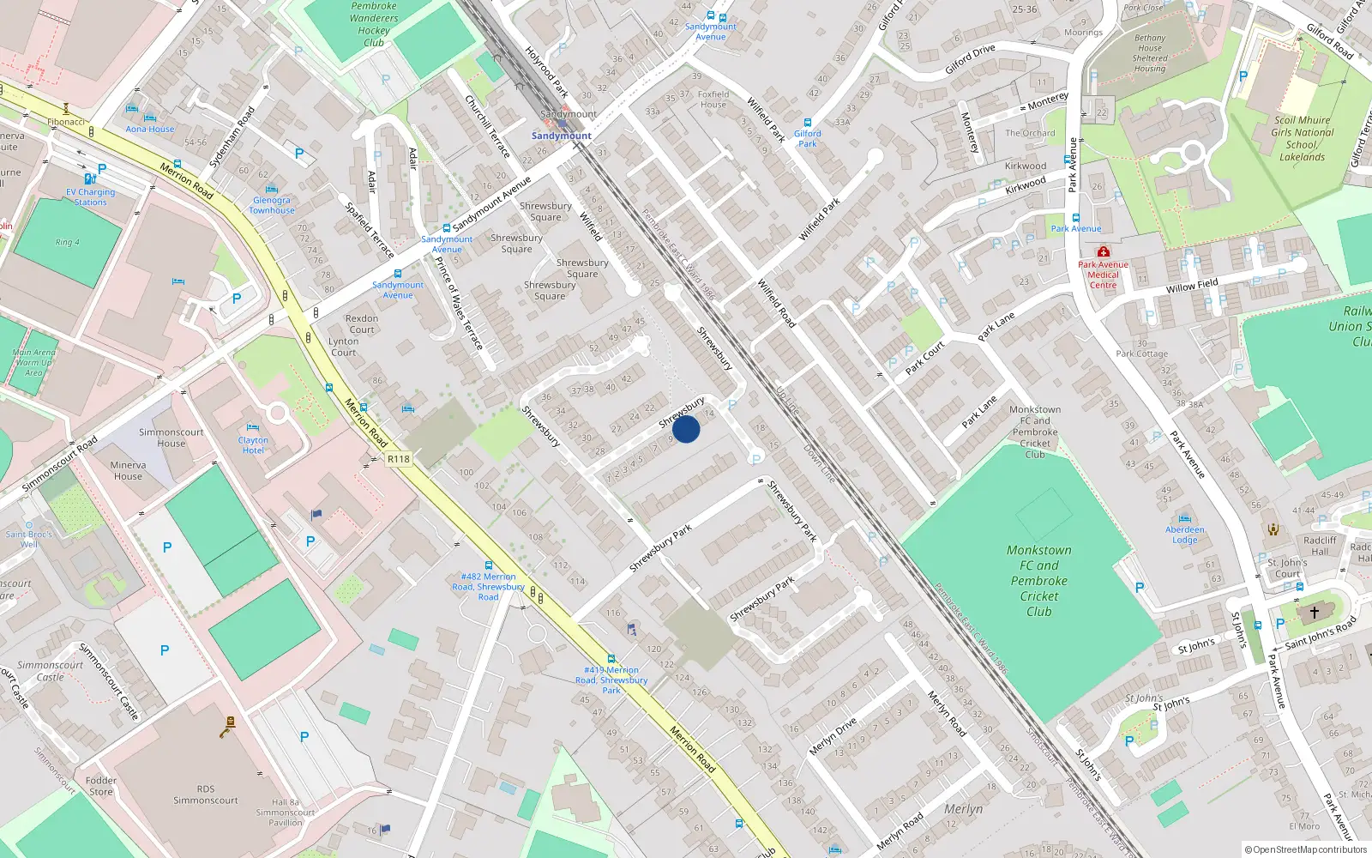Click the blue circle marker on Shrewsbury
pyautogui.click(x=686, y=429)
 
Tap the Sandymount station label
pyautogui.click(x=562, y=136)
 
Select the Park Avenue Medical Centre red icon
pyautogui.click(x=1104, y=251)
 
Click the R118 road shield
pyautogui.click(x=399, y=459)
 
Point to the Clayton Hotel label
pyautogui.click(x=253, y=445)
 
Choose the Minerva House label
pyautogui.click(x=128, y=470)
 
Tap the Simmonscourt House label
pyautogui.click(x=171, y=438)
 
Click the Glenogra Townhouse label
pyautogui.click(x=272, y=205)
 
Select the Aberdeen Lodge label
pyautogui.click(x=1185, y=535)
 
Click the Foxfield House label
pyautogui.click(x=713, y=100)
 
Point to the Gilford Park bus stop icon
pyautogui.click(x=808, y=123)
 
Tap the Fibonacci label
pyautogui.click(x=66, y=122)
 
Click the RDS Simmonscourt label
pyautogui.click(x=206, y=795)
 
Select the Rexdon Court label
pyautogui.click(x=362, y=323)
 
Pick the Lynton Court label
pyautogui.click(x=344, y=347)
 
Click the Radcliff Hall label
pyautogui.click(x=1320, y=546)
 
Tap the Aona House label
pyautogui.click(x=150, y=129)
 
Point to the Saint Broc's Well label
pyautogui.click(x=29, y=539)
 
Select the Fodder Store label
pyautogui.click(x=101, y=786)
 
